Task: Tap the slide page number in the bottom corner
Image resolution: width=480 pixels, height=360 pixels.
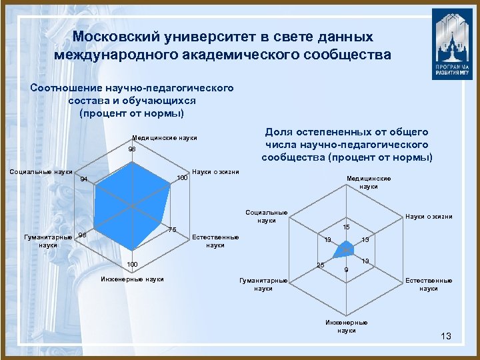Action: point(446,337)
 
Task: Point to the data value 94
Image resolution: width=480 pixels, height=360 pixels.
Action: point(83,179)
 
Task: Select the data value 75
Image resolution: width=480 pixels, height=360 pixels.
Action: point(171,230)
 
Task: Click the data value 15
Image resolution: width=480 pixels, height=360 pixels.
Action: point(346,227)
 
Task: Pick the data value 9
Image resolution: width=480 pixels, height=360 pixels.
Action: point(345,270)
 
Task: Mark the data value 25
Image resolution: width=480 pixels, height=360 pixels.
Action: point(320,266)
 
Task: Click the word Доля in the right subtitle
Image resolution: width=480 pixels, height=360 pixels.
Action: point(281,133)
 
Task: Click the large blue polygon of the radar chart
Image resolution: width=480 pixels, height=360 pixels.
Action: point(133,200)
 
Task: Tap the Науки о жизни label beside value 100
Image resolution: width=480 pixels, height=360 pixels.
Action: point(215,172)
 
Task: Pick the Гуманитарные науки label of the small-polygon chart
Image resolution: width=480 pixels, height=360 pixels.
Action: point(263,285)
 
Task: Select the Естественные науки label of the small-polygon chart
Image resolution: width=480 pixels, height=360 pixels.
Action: point(429,285)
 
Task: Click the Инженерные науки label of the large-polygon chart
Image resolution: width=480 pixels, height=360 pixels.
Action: point(132,279)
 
